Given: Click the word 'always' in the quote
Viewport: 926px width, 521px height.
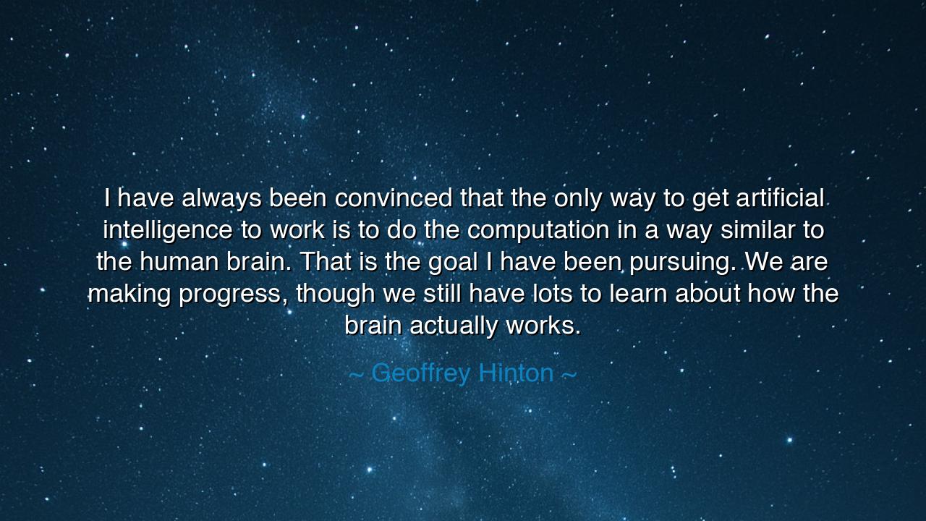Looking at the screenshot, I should coord(222,198).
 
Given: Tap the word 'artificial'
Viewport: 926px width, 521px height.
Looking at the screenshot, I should coord(780,198).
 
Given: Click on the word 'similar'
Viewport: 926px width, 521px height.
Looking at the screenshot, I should coord(742,230).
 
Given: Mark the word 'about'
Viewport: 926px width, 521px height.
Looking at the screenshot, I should coord(708,294).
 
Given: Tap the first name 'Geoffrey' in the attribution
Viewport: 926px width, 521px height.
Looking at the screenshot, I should coord(420,374).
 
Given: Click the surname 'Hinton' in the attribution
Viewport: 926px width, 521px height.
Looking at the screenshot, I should coord(517,373).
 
